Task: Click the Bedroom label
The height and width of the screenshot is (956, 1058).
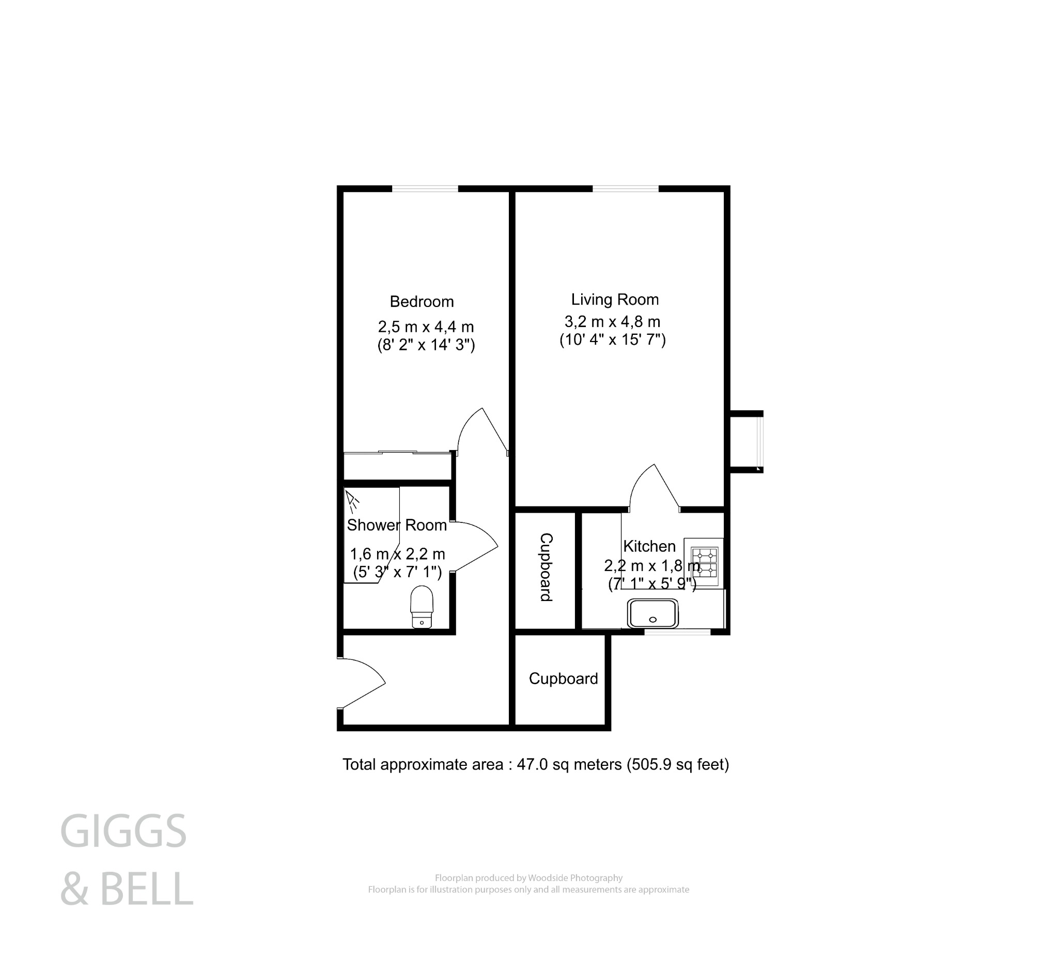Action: point(422,302)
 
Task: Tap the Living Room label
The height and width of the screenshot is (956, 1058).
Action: point(615,300)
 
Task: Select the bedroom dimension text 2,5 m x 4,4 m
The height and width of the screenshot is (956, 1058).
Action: point(426,327)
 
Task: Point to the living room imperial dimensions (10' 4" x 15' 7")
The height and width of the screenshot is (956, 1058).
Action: point(613,340)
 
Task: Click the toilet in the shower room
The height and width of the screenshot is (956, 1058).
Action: point(422,607)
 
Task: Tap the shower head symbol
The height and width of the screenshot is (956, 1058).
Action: point(352,501)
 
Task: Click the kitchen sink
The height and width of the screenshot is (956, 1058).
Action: point(653,613)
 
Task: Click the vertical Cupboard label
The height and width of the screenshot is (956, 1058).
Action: point(547,567)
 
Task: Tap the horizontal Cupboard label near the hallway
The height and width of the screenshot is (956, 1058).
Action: point(563,679)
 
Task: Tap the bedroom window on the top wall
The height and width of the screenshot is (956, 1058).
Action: point(425,189)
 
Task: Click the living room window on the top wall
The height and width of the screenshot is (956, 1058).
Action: point(626,189)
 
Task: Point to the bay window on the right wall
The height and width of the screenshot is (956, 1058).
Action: point(760,441)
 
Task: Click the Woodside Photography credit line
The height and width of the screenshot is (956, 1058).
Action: point(528,878)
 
